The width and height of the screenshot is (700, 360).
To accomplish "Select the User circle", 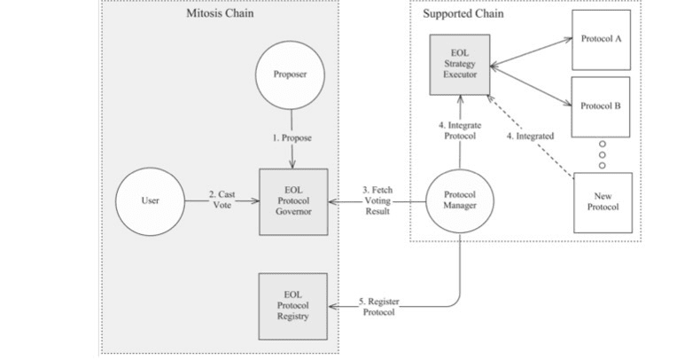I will (x=151, y=201).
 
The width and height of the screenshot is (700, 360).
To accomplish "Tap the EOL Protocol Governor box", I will (x=292, y=201).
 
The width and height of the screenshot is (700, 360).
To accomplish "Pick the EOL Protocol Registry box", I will (x=292, y=307).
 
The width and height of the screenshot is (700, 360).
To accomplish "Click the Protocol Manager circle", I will (x=460, y=201).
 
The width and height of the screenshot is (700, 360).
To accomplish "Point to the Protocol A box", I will (x=600, y=41).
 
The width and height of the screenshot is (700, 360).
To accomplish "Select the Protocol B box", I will (x=600, y=106).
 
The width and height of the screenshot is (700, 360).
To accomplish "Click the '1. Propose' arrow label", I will (x=292, y=139).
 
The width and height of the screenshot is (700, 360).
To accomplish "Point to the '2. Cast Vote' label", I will (x=222, y=200).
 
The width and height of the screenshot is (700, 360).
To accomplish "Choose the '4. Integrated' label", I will (x=531, y=136).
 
